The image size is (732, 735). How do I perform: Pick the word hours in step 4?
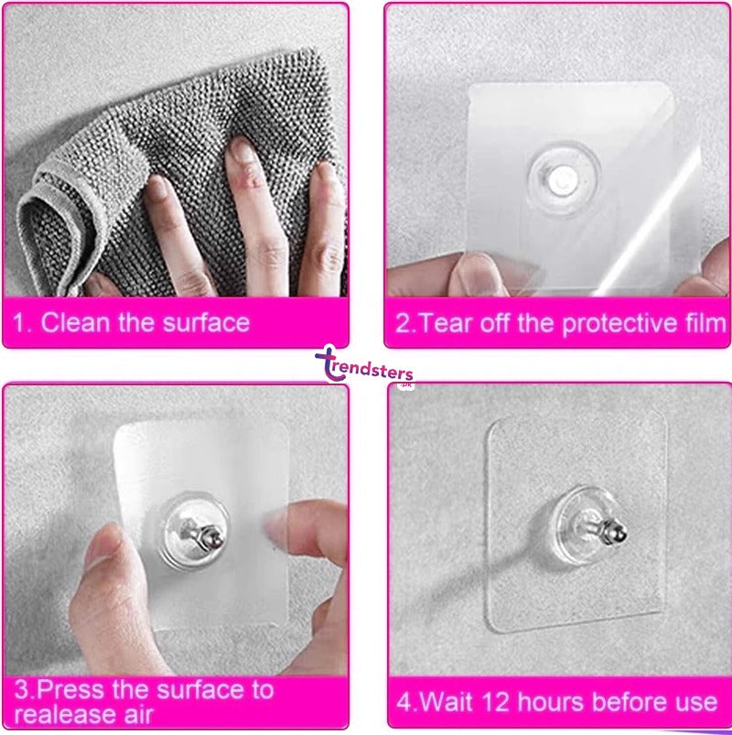[551, 703]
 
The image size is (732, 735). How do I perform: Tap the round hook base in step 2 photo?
[564, 178]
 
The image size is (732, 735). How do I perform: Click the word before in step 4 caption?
[630, 703]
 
